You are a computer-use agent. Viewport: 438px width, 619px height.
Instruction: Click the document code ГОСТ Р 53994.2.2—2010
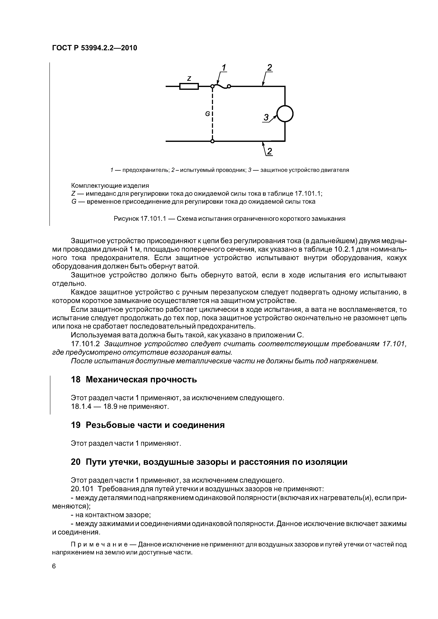(94, 48)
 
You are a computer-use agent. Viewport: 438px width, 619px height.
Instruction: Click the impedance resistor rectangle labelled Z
(189, 86)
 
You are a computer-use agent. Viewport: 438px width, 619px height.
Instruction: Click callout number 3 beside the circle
(266, 118)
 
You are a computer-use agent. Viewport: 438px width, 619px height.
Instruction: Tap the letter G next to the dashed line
(207, 114)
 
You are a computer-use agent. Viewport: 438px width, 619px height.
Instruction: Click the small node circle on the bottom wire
(212, 141)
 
